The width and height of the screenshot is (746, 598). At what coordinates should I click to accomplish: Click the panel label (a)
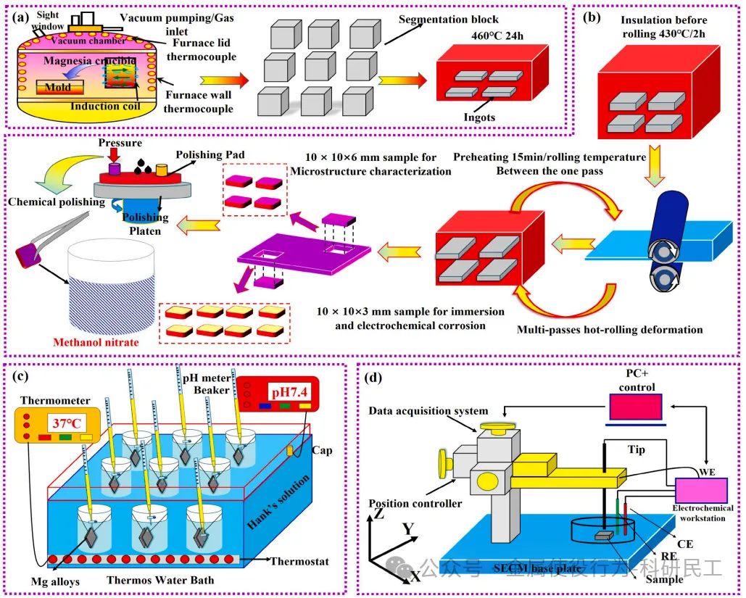tap(20, 14)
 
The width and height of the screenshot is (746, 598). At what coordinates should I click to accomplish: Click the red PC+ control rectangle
tap(635, 409)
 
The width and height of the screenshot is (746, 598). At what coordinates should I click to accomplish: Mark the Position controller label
tap(414, 503)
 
